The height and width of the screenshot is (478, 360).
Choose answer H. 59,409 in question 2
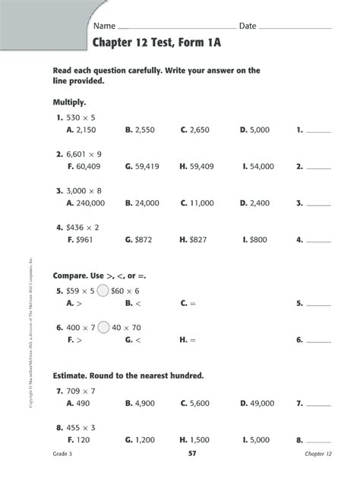tap(197, 166)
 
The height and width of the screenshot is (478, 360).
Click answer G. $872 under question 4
tap(140, 240)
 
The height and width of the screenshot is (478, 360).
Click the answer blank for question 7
tap(320, 404)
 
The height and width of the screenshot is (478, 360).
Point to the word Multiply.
tap(70, 101)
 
